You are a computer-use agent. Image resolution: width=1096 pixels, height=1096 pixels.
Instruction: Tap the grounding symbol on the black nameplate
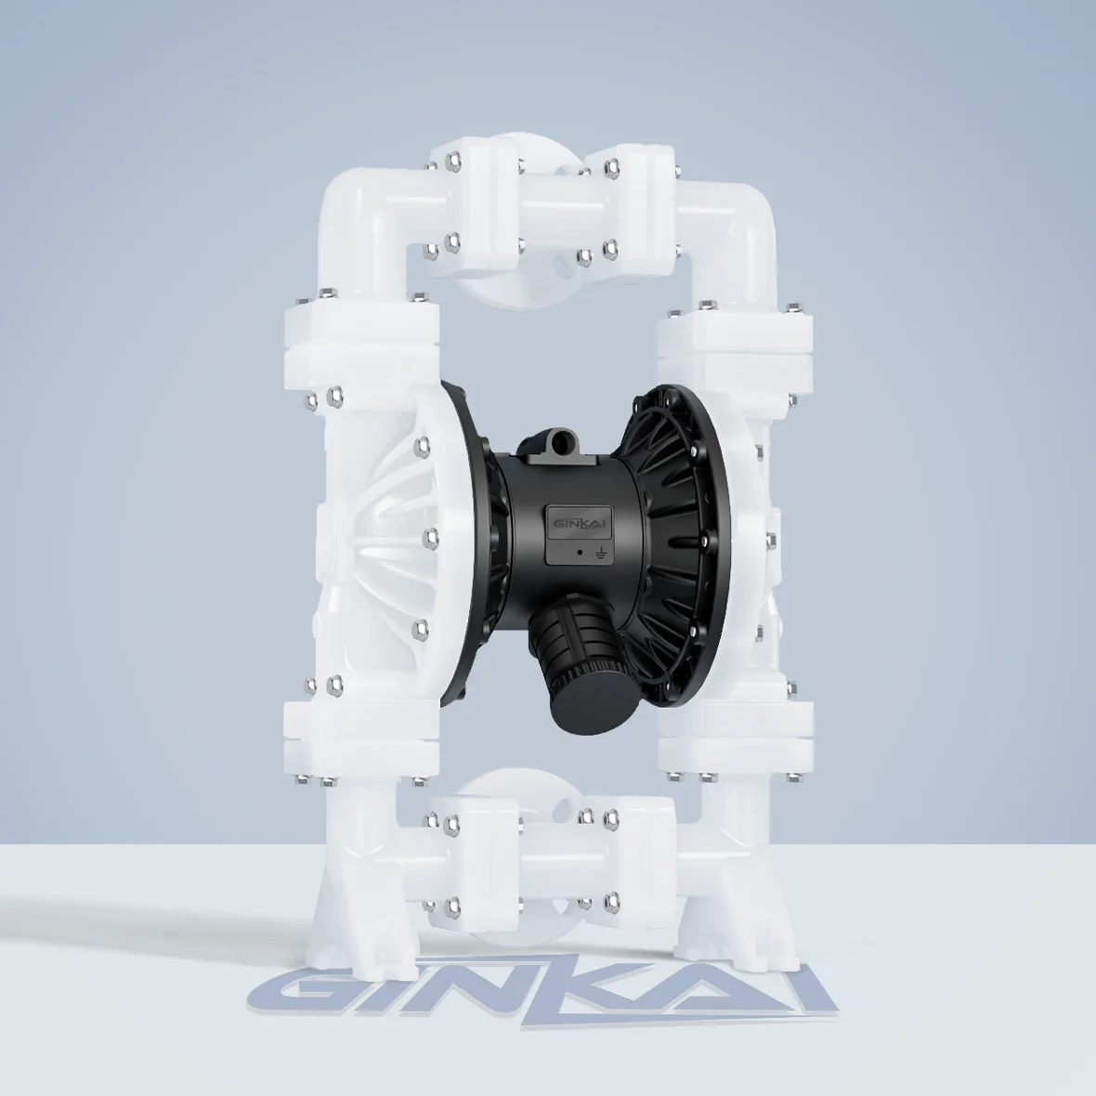[600, 554]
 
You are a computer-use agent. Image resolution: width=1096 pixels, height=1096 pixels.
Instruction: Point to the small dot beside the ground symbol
[580, 552]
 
